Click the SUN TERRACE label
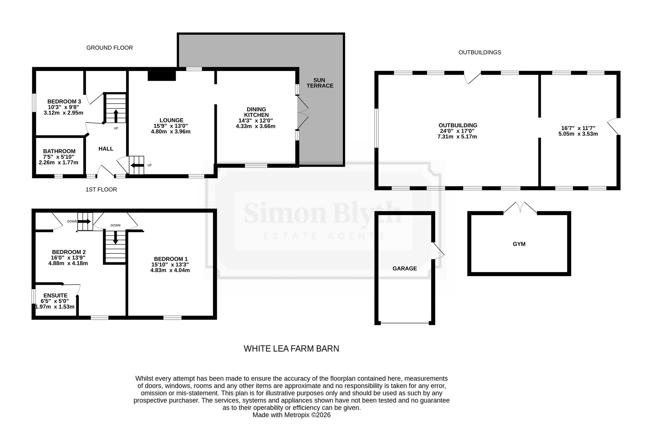pyautogui.click(x=320, y=83)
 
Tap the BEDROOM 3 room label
pyautogui.click(x=64, y=102)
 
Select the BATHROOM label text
pyautogui.click(x=59, y=151)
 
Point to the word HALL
pyautogui.click(x=106, y=149)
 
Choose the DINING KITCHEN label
pyautogui.click(x=257, y=112)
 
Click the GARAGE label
pyautogui.click(x=405, y=269)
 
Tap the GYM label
pyautogui.click(x=519, y=244)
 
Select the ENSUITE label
pyautogui.click(x=55, y=296)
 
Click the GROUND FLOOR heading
pyautogui.click(x=110, y=48)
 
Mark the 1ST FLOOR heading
pyautogui.click(x=101, y=189)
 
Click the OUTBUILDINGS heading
pyautogui.click(x=480, y=52)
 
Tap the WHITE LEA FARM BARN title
pyautogui.click(x=291, y=349)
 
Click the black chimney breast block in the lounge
pyautogui.click(x=162, y=76)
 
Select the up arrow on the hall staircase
pyautogui.click(x=116, y=115)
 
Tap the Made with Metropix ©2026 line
pyautogui.click(x=291, y=415)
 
